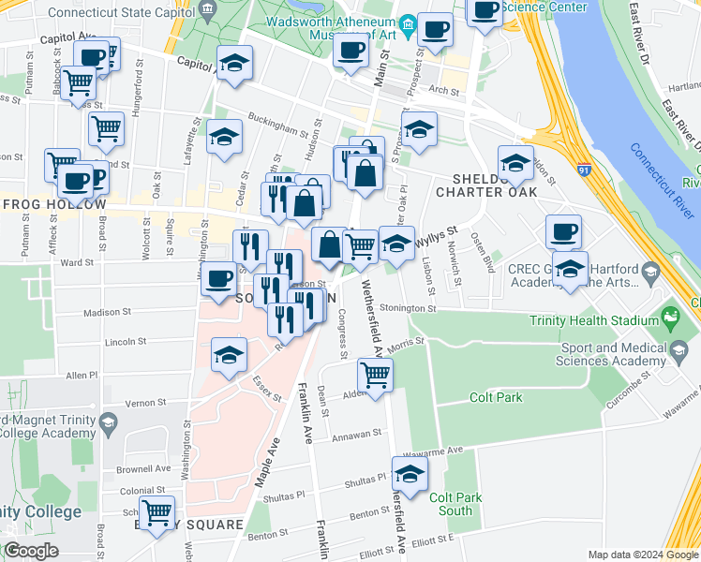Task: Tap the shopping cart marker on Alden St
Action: (x=375, y=375)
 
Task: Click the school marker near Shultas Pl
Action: (x=409, y=474)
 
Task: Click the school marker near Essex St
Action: (x=227, y=355)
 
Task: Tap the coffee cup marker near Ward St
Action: (x=218, y=278)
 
